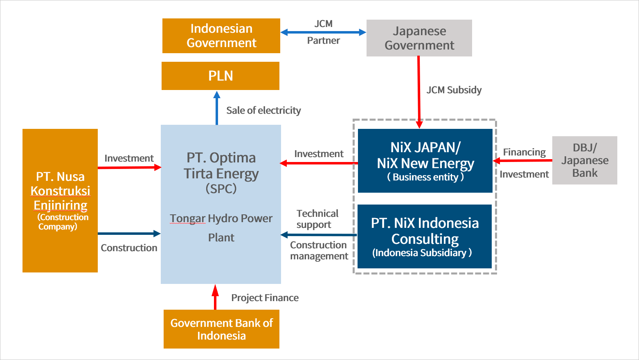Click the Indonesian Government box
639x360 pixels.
point(221,36)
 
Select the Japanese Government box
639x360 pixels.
point(419,38)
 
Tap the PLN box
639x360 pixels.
point(220,76)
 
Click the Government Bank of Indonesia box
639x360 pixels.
point(221,329)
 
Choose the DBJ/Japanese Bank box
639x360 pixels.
point(585,160)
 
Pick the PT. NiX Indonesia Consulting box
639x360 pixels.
point(425,236)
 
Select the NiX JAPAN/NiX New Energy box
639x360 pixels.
point(425,161)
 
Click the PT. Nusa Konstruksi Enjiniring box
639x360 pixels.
point(60,200)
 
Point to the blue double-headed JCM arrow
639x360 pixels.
point(323,32)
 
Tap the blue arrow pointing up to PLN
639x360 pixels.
point(217,108)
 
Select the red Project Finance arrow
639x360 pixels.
point(215,297)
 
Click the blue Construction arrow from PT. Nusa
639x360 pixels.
point(129,234)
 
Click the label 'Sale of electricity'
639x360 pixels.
point(263,110)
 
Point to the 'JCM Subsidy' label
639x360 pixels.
point(454,90)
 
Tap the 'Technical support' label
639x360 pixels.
point(317,219)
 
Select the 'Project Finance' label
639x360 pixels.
point(265,298)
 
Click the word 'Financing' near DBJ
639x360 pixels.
point(524,152)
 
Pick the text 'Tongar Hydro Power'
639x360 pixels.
point(221,218)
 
